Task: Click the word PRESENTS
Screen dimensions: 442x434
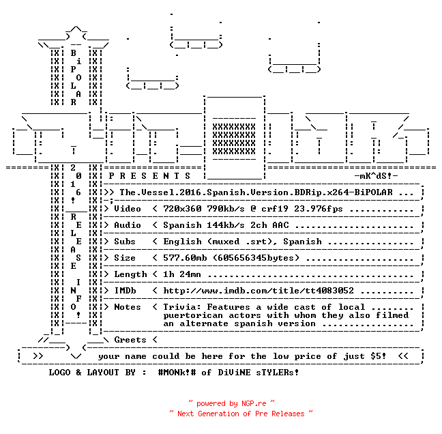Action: pos(149,176)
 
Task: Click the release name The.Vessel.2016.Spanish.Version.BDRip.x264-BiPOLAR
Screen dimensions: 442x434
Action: pos(256,192)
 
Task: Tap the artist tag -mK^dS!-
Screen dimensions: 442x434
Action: pos(376,176)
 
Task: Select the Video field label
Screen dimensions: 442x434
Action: pos(127,209)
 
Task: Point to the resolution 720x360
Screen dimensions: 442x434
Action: pos(182,209)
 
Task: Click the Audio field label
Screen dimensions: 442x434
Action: pos(127,225)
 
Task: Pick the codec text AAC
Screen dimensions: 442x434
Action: pos(280,225)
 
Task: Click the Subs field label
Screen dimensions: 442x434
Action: pos(125,242)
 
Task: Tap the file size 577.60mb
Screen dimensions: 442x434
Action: pos(185,258)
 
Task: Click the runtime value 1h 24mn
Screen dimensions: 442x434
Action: pos(182,274)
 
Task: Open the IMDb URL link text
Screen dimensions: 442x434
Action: pos(259,291)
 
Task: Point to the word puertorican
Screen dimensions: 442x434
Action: pos(193,315)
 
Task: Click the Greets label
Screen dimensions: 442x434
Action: pos(130,340)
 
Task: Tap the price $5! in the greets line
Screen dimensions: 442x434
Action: pos(378,356)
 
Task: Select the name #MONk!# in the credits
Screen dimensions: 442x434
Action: pos(177,372)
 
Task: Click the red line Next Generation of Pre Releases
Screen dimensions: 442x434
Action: pos(241,414)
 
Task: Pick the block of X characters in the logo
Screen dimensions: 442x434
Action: pos(234,139)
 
